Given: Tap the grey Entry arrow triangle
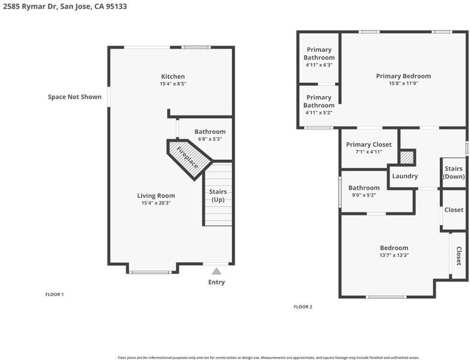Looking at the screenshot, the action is point(217,271).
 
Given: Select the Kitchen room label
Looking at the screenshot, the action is point(173,76).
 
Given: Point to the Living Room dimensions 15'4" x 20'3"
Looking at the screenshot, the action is point(156,203).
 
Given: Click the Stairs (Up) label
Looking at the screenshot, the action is point(218,196).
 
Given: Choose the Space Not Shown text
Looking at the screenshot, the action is point(74,97).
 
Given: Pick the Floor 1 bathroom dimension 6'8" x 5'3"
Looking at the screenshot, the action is point(210,139).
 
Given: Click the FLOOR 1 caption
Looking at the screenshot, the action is point(55,295).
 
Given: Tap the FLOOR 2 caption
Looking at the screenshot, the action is point(303,307).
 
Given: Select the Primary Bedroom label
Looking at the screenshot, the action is point(403,76).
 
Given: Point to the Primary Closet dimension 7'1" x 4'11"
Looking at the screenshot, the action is point(369,152).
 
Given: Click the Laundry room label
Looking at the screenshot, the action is point(405,176).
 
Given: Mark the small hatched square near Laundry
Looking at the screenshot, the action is point(408,158).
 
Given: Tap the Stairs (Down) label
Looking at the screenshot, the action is point(454,173).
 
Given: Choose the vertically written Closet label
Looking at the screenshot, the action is point(459,256).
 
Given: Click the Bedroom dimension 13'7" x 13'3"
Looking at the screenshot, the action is point(394,256).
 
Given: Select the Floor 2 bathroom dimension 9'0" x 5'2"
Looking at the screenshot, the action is point(364,195).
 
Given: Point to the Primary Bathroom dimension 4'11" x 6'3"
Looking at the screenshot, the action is point(319,65).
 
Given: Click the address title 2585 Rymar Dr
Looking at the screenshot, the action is point(29,6).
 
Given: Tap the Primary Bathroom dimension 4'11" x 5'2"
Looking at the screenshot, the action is point(319,113).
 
